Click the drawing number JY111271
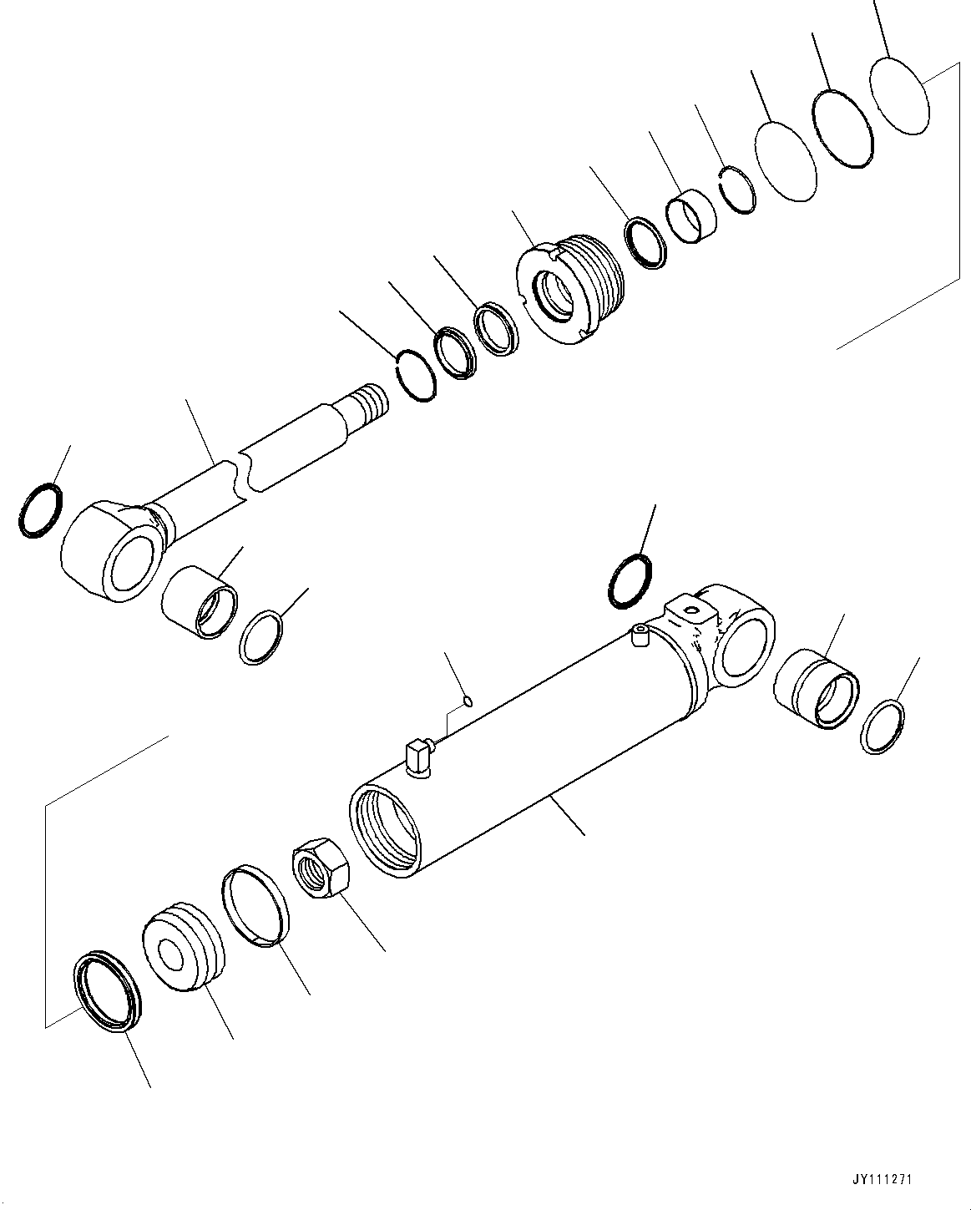coord(882,1180)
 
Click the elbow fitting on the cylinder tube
coord(417,757)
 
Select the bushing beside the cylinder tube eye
coord(817,687)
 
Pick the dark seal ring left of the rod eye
coord(37,510)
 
